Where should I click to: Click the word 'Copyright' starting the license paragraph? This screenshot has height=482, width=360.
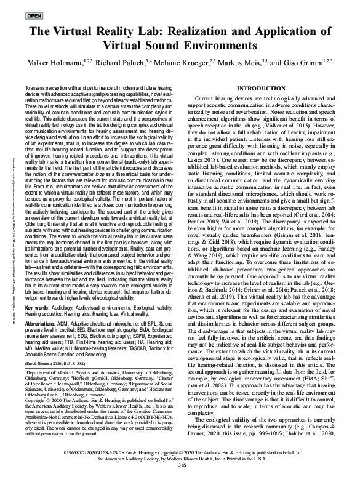point(36,402)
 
